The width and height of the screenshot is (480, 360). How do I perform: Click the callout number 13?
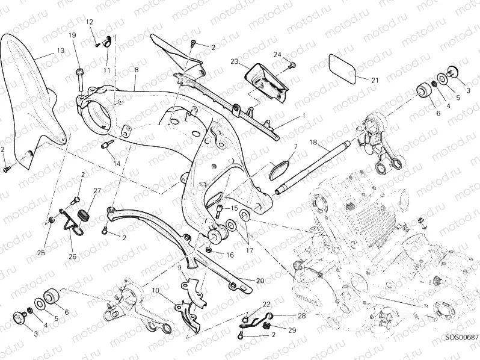[61, 51]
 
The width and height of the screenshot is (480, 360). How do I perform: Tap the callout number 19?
[72, 36]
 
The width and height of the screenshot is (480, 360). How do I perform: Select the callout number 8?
[137, 70]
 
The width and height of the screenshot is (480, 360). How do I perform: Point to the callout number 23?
[234, 61]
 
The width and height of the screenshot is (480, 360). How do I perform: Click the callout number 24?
[277, 55]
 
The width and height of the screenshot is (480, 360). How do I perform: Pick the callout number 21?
[374, 80]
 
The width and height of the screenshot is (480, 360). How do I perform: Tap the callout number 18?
[313, 142]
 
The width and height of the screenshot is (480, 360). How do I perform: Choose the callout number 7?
[295, 146]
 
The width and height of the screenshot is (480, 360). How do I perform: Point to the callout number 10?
[155, 291]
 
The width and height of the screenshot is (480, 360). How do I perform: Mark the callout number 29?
[292, 331]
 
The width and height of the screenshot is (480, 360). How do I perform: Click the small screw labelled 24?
[292, 64]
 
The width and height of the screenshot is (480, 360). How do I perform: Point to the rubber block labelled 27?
[83, 214]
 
